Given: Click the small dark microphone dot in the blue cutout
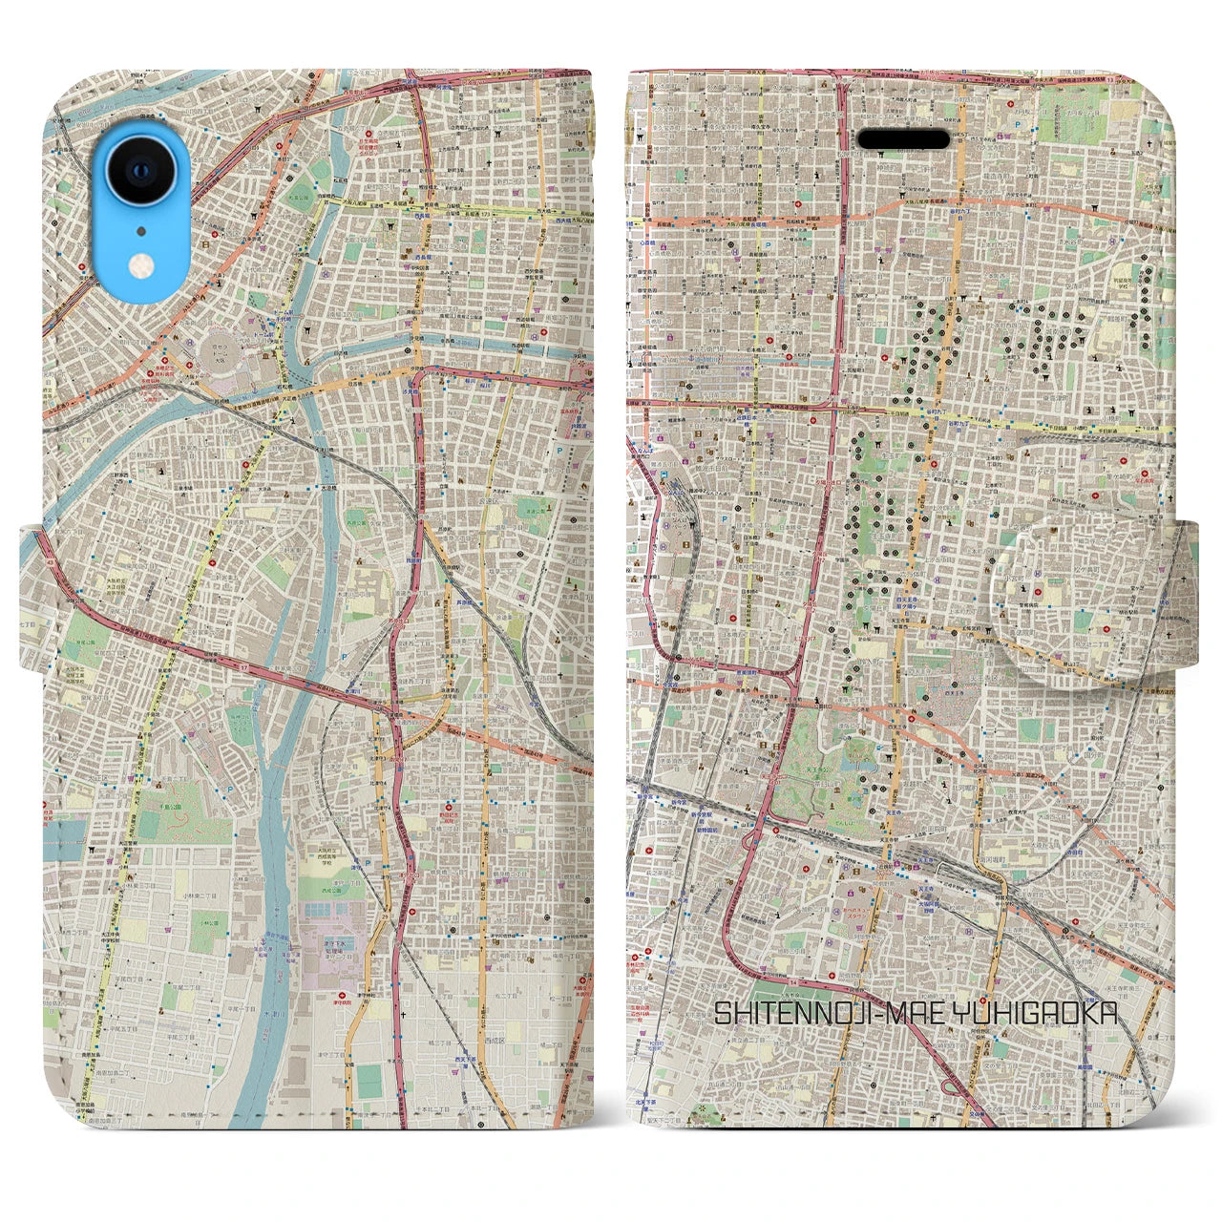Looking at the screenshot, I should click(x=141, y=230).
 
